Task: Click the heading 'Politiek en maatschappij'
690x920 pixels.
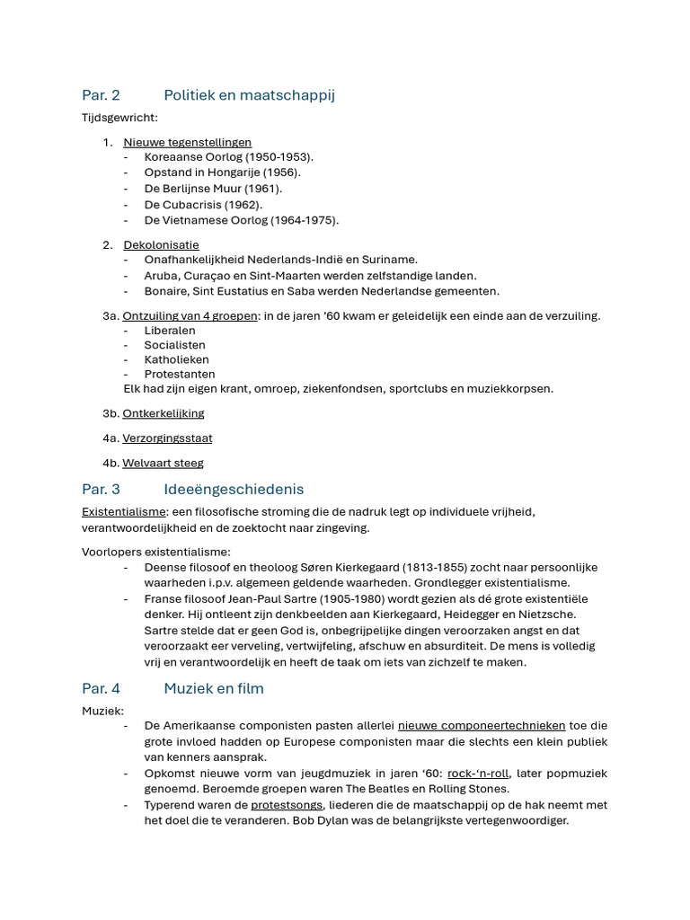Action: pos(249,95)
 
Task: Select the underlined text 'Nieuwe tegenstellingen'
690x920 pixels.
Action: pos(187,142)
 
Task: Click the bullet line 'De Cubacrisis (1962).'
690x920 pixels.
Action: pos(203,205)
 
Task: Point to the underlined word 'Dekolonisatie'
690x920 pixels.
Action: pos(161,245)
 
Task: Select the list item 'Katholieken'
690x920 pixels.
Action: pos(176,359)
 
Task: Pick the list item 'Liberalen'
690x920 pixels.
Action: pos(170,331)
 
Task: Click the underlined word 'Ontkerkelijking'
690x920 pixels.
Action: pos(164,413)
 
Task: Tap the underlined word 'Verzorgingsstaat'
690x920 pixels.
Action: pos(167,438)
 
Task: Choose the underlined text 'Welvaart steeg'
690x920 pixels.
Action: pos(163,464)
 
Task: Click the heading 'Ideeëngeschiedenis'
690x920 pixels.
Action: pos(234,490)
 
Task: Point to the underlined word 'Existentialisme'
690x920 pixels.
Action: pos(124,512)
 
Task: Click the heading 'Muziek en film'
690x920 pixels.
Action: pos(214,689)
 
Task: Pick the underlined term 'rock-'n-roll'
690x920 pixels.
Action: pos(477,774)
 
